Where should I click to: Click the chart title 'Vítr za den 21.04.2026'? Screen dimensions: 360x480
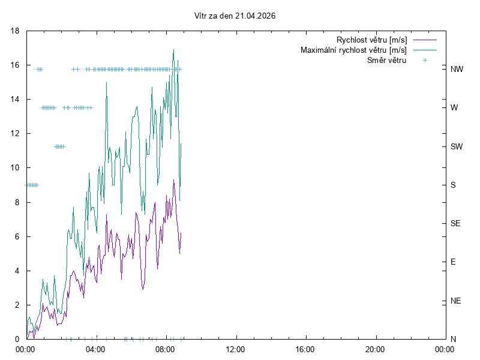pos(235,16)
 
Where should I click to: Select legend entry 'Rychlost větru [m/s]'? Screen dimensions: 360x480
pos(372,40)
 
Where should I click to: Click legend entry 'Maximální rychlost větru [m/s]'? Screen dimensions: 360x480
pos(353,50)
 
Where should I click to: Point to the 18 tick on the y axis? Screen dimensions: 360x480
pos(16,31)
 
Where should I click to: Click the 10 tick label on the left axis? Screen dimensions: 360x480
pos(16,168)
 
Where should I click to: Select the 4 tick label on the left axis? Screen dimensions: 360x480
pos(18,271)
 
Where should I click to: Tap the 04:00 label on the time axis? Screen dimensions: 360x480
pos(95,349)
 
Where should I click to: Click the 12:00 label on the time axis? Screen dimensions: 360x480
pos(235,349)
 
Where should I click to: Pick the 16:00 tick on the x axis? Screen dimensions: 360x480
pos(305,349)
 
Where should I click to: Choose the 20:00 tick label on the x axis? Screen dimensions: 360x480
pos(374,349)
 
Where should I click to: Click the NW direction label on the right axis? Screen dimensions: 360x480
pos(457,69)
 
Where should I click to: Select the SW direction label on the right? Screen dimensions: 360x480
pos(457,146)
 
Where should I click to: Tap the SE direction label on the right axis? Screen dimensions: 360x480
pos(455,223)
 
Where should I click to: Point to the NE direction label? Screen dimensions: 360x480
pos(455,301)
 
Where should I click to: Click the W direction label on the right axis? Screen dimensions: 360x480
pos(454,108)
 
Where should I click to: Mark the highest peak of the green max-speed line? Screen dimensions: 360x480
pos(173,50)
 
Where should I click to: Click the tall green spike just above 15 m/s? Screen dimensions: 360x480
pos(106,83)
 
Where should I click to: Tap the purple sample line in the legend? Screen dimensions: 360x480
pos(425,40)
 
